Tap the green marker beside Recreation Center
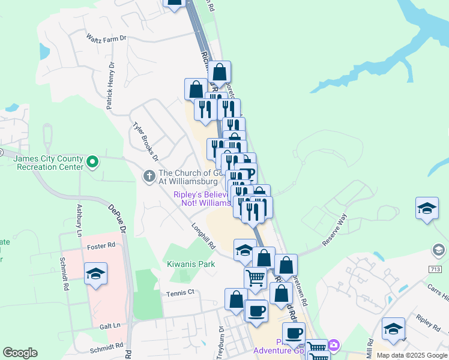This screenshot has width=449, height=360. (x=92, y=161)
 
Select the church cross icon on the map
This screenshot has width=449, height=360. (x=149, y=176)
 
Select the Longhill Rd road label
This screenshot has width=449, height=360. (x=203, y=236)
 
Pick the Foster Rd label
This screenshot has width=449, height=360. (x=101, y=246)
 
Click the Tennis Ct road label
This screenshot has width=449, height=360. (x=182, y=292)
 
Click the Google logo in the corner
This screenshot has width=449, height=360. (x=20, y=353)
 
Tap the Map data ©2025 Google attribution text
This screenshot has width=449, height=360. (x=412, y=355)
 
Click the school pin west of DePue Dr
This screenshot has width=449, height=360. (x=96, y=274)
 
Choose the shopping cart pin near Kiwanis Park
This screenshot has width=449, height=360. (x=256, y=278)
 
